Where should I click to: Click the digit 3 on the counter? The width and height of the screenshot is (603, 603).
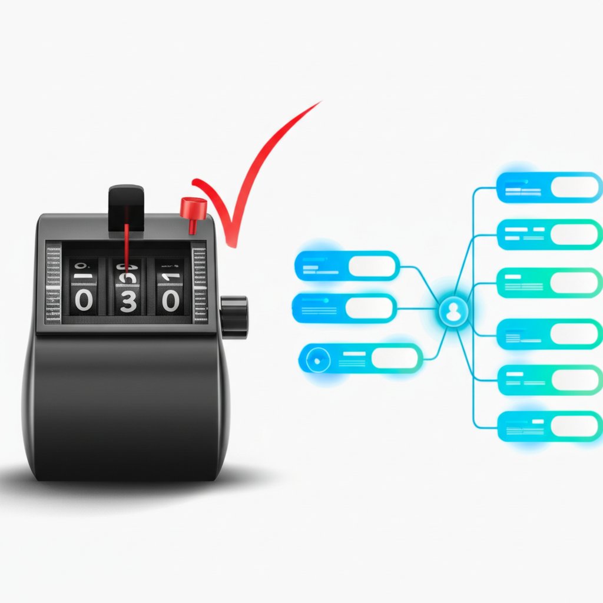point(128,301)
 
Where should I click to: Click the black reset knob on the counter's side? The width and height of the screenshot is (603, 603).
point(234,316)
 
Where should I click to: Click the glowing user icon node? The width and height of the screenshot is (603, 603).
point(453,312)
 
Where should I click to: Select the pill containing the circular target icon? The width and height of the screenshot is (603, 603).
point(360,357)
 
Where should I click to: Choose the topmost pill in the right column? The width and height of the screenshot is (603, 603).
point(549,187)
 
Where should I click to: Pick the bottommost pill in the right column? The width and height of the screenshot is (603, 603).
point(549,426)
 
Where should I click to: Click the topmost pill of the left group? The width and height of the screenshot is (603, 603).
point(347,266)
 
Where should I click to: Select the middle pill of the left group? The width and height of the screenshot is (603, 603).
point(344,308)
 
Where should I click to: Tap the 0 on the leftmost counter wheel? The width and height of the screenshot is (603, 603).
point(84,301)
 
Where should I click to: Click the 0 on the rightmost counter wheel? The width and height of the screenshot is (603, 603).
point(171,301)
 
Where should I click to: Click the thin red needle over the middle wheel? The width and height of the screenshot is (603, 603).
point(126,247)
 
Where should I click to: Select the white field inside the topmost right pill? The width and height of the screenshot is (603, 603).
point(574,187)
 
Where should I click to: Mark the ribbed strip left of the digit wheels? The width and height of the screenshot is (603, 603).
point(53,283)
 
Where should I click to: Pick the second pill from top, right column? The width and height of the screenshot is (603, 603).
point(549,234)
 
